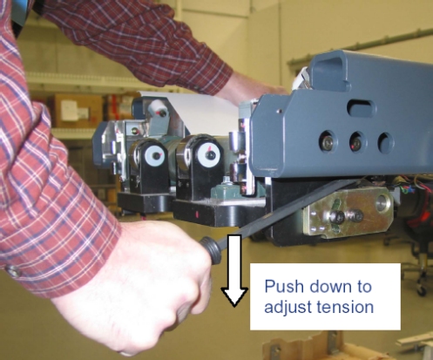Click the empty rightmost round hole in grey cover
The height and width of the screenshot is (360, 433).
point(386,142)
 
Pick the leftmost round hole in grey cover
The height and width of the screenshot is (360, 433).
point(328,140)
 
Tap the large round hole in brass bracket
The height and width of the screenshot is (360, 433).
point(382,203)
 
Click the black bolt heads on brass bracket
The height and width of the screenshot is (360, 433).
point(348,216)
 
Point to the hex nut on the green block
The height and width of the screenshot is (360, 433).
point(227,182)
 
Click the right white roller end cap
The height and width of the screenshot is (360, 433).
point(207,153)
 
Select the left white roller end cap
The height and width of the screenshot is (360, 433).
point(155,155)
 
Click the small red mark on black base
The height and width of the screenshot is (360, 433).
point(198,215)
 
